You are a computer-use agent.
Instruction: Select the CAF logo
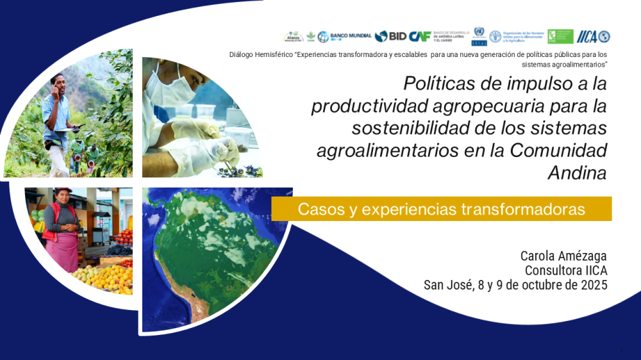pos(420,37)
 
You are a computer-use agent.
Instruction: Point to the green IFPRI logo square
pos(560,37)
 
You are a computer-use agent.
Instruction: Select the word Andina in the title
pos(577,173)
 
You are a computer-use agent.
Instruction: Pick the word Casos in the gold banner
pos(321,209)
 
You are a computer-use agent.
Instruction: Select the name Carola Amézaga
pos(563,256)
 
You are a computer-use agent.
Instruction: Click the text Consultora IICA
pos(565,270)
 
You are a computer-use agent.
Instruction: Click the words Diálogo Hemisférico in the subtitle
pos(260,55)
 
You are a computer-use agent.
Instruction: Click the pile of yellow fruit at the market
pos(106,275)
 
